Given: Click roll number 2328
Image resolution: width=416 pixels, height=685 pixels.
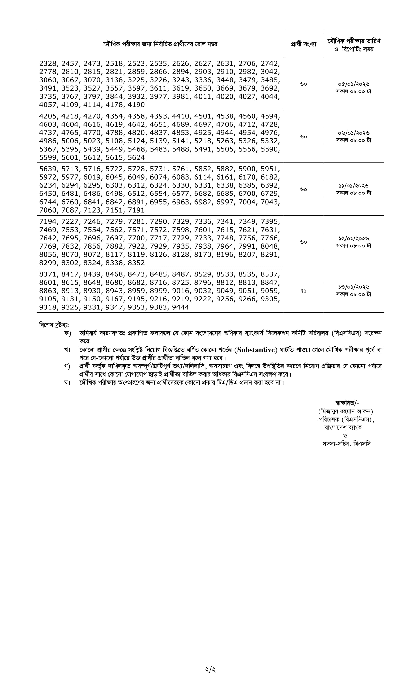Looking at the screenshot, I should (x=47, y=63).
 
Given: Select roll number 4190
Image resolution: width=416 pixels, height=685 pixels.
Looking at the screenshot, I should (x=136, y=105).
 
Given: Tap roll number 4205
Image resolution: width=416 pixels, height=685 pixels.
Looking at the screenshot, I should (x=47, y=116).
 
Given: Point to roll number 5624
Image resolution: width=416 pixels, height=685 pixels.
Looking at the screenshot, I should (x=136, y=158).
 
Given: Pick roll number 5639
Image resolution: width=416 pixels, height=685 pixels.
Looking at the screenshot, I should (x=47, y=169).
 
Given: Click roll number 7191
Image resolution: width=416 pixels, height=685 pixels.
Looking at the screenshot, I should (x=136, y=210).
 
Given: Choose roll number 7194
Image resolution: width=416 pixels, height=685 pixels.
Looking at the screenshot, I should (x=47, y=222).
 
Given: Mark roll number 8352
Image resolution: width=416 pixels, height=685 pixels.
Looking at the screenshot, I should (x=136, y=263).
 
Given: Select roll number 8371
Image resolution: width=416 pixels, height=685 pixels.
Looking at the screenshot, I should (x=47, y=274).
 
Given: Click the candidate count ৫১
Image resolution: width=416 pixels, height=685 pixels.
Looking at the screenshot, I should (x=304, y=291).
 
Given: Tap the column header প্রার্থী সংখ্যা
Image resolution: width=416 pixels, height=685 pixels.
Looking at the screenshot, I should (x=304, y=44).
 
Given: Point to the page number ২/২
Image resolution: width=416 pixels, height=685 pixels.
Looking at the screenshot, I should (x=210, y=670).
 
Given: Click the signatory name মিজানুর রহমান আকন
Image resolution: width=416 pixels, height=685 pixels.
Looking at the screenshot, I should (x=346, y=411).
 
